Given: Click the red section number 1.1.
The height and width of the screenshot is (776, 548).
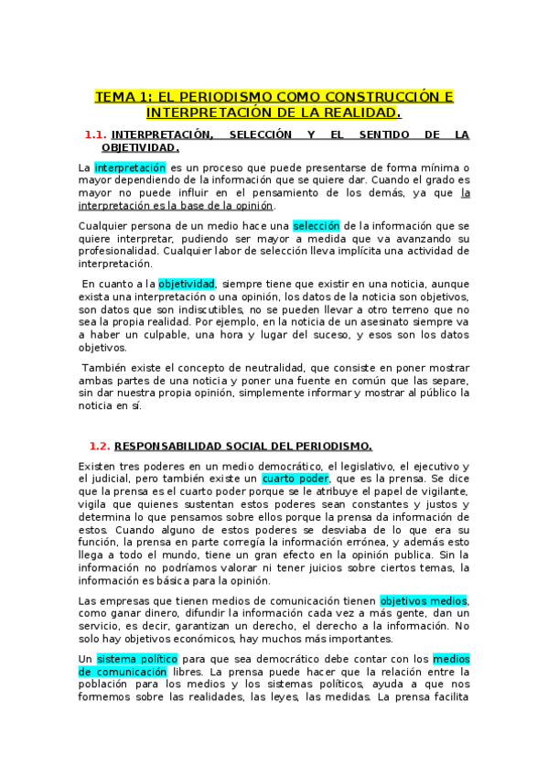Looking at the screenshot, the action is [96, 135].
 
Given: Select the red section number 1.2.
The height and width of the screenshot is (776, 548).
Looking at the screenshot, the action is [100, 446].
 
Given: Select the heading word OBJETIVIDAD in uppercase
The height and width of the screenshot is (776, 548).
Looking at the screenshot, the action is [140, 147].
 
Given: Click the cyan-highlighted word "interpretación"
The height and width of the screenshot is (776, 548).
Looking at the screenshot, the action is [130, 167].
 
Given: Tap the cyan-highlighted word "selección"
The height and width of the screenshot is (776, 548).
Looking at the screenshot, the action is [317, 225].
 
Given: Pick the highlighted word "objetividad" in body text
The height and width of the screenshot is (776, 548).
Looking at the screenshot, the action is [187, 284].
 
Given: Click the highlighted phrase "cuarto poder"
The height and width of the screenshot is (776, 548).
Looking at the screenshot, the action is [295, 478].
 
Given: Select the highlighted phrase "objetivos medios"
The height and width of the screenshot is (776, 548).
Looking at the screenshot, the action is [424, 600].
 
